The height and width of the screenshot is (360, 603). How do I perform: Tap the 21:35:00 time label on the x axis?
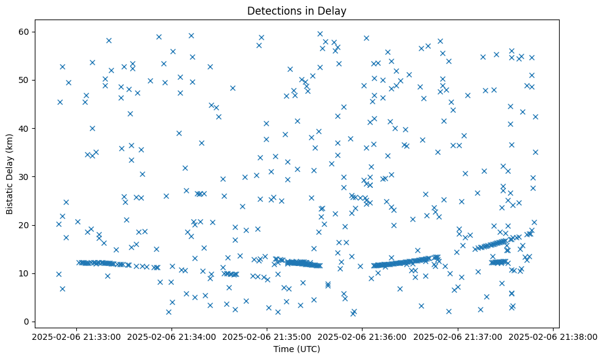[267, 336]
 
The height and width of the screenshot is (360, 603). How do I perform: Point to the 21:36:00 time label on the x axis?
[363, 336]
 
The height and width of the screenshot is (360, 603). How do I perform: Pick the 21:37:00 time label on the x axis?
[458, 336]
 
